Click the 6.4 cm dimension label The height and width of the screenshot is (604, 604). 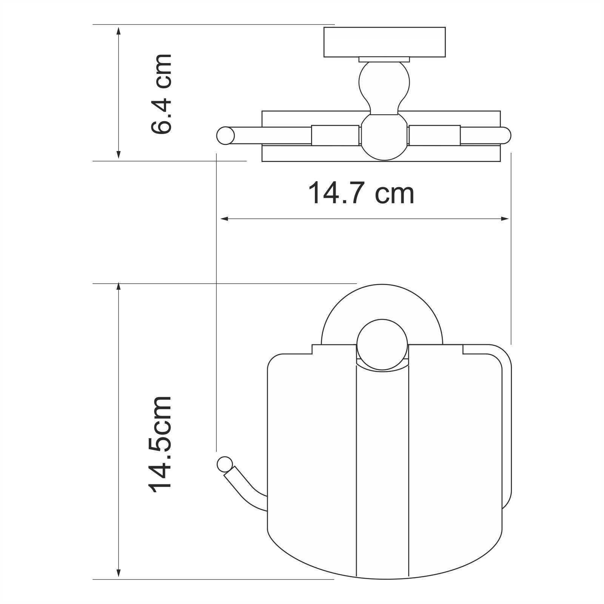coord(161,94)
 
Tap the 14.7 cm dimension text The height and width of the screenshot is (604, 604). coord(361,193)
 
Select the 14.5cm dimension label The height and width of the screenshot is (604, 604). coord(161,444)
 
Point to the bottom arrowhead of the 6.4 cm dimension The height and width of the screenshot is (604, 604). coord(119,155)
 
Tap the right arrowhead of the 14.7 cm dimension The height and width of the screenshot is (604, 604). coord(505,219)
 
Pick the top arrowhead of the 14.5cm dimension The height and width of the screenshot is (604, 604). coord(119,289)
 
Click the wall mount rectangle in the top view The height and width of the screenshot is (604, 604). coord(384,42)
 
